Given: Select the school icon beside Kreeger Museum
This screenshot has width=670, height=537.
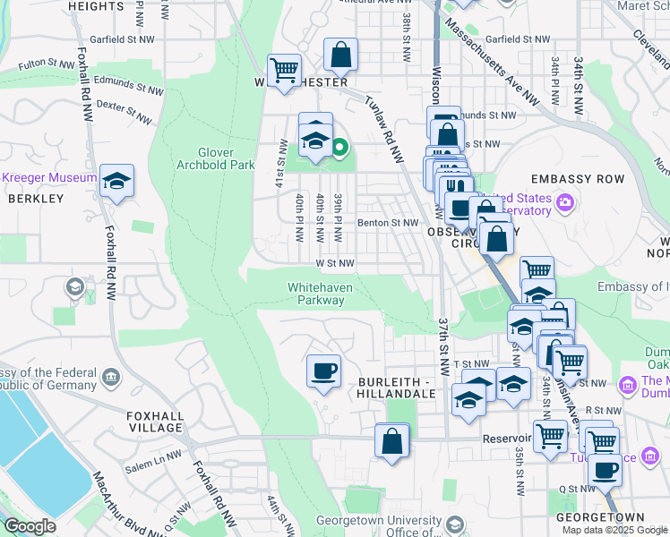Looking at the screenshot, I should tap(116, 182).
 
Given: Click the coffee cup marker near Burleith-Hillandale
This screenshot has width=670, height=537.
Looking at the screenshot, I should tap(323, 370).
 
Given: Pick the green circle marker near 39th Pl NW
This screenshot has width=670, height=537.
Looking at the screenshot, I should tap(339, 148).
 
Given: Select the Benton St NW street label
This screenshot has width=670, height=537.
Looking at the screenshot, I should tap(387, 223).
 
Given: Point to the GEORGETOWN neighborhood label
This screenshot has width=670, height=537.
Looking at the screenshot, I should tap(600, 518).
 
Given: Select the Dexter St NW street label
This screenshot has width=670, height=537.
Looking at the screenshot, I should tap(125, 112).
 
